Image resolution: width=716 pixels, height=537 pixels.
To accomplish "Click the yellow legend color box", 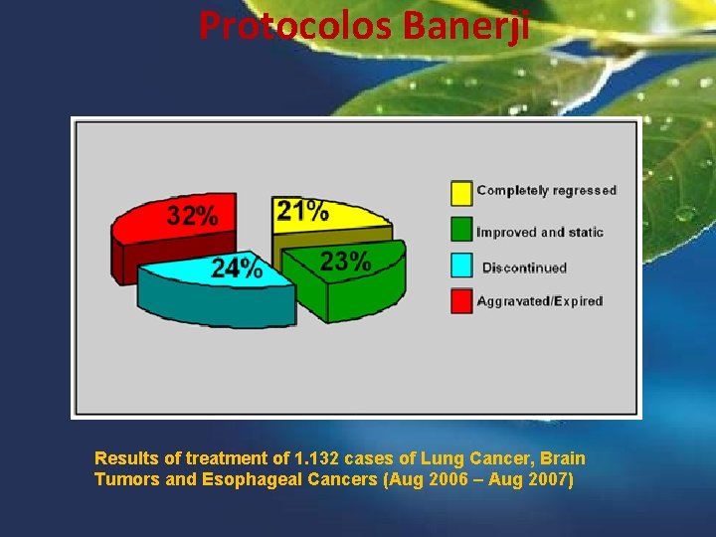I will [x=461, y=192].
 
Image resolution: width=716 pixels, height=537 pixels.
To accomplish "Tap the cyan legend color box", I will [x=461, y=266].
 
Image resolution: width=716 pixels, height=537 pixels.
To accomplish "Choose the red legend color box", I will [x=461, y=301].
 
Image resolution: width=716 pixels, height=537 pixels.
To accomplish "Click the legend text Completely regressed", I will [x=546, y=190].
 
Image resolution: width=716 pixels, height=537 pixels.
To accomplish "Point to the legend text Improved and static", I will [x=540, y=232].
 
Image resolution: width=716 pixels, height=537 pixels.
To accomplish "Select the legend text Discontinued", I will [x=524, y=268].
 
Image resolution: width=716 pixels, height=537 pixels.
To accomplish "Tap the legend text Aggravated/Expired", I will [x=540, y=301].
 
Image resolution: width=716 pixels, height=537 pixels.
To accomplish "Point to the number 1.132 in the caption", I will [x=318, y=458].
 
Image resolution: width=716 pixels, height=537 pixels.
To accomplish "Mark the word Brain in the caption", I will [x=563, y=458].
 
